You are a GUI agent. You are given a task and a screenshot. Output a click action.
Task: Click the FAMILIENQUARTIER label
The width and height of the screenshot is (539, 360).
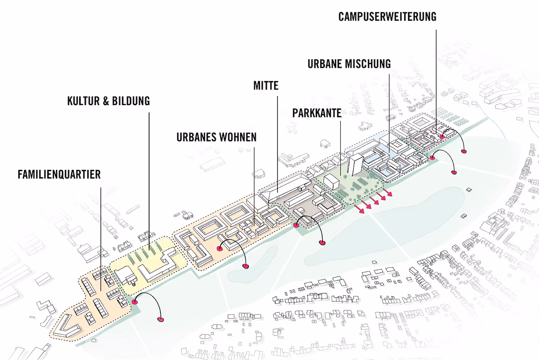pos(59,174)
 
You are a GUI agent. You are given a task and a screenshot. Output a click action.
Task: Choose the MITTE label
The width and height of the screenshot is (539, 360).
pos(266,86)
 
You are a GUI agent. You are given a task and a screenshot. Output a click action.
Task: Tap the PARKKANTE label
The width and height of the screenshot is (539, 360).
pos(317,113)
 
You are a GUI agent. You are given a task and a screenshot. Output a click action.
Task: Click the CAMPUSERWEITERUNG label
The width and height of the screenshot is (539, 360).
pos(387,17)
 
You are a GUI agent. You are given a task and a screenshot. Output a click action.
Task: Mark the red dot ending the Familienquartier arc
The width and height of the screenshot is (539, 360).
pos(160,319)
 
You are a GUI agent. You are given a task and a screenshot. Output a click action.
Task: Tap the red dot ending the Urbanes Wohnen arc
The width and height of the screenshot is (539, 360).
pos(246,266)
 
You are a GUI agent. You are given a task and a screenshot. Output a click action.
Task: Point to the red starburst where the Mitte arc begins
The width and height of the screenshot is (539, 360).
pos(296,225)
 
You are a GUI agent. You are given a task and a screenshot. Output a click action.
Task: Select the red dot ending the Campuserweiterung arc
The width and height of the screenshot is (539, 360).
pos(464,152)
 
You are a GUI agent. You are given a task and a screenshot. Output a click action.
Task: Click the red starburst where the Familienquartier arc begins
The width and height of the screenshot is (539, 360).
pos(134,302)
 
